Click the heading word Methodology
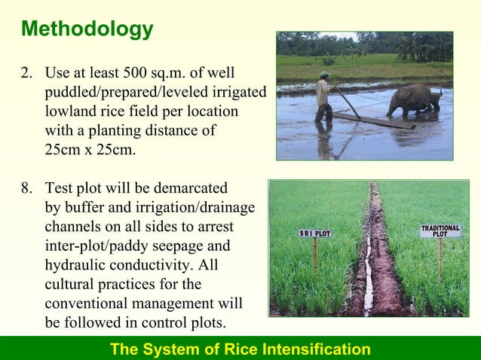point(87,29)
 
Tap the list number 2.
point(26,74)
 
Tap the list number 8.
point(26,188)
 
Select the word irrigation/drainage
point(195,207)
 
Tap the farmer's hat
point(323,75)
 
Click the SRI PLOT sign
point(314,233)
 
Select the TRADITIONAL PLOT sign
point(440,231)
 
